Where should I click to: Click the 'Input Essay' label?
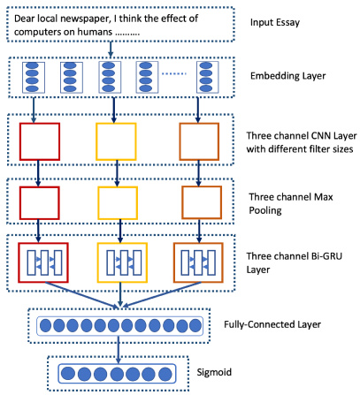coord(275,23)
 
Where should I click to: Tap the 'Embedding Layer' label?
coord(288,76)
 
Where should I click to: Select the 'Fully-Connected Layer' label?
coord(272,324)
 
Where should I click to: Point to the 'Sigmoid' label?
coord(214,372)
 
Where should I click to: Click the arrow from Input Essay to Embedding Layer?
coord(111,49)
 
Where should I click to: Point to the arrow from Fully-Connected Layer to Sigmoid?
coord(119,350)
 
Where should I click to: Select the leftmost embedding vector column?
coord(34,77)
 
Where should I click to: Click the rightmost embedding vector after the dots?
coord(208,77)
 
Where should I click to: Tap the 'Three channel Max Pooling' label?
coord(291,203)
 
